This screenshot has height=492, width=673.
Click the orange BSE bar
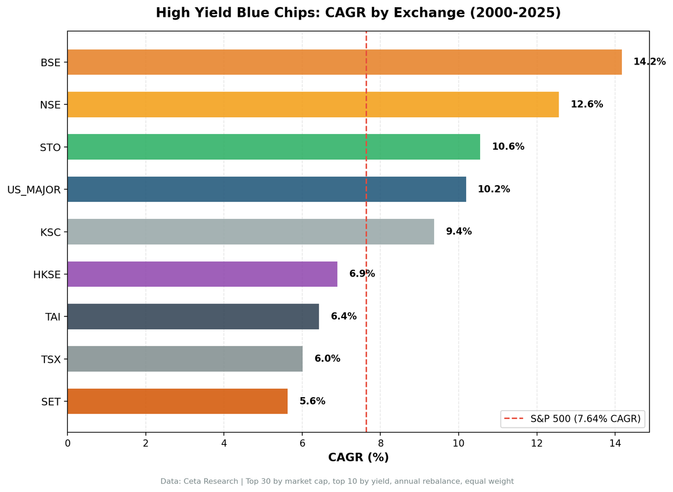click(344, 62)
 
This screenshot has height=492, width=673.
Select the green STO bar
click(274, 147)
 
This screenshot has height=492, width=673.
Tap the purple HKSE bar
click(202, 274)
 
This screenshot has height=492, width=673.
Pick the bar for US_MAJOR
click(266, 189)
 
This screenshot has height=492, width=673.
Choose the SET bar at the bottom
click(177, 401)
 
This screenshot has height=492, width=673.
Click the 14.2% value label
click(649, 62)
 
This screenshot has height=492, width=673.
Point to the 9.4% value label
click(458, 232)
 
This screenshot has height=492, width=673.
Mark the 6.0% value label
click(327, 359)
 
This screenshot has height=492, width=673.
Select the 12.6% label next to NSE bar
click(587, 104)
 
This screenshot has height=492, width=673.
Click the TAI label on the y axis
click(53, 317)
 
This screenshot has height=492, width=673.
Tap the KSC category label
click(50, 232)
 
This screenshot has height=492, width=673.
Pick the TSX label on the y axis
click(50, 360)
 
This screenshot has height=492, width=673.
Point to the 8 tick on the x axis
click(380, 443)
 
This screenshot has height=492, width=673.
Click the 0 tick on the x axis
click(67, 443)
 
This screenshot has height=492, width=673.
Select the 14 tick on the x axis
click(615, 443)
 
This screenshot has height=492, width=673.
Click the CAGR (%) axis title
click(358, 458)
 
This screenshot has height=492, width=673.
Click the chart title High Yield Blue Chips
click(358, 13)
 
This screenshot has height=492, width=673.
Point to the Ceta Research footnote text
click(336, 481)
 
